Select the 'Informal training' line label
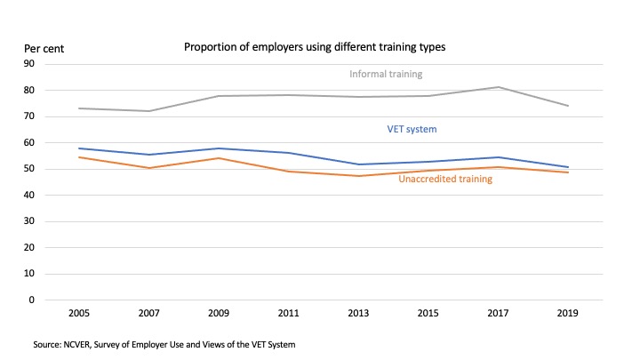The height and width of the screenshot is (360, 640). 386,74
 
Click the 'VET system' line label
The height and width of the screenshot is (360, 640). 412,130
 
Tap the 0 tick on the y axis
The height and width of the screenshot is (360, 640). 31,300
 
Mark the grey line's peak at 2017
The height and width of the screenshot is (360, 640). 498,87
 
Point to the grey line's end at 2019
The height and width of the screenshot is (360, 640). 568,106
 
